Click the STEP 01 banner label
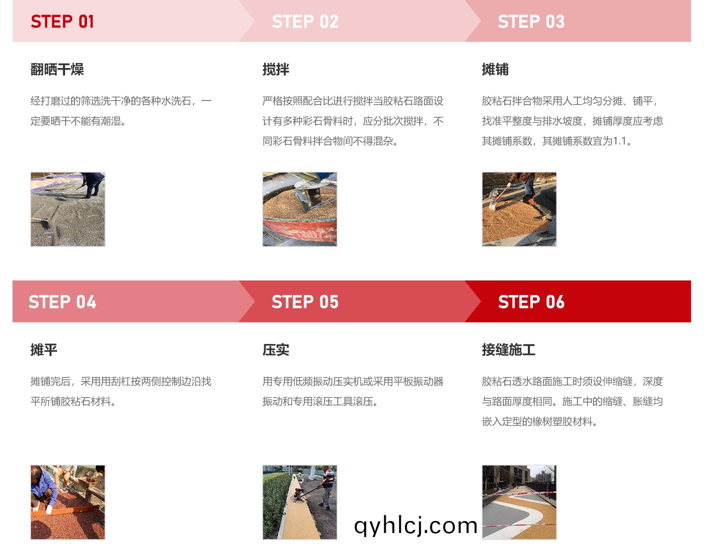tap(62, 21)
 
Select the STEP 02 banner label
tap(305, 21)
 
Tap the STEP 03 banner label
tap(531, 21)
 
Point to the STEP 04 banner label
tap(62, 302)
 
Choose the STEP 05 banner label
tap(305, 302)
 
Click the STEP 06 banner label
tap(531, 302)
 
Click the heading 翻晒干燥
tap(57, 69)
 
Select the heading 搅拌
tap(276, 69)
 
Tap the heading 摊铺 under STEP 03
tap(495, 69)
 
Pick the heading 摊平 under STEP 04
tap(44, 350)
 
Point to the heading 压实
tap(276, 350)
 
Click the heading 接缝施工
tap(508, 350)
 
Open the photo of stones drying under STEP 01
tap(68, 209)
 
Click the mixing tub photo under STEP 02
tap(300, 209)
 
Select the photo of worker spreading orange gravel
tap(519, 209)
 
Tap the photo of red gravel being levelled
tap(68, 502)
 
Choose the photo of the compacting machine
tap(300, 502)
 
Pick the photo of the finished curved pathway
tap(519, 502)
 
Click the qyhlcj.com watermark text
tap(415, 525)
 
